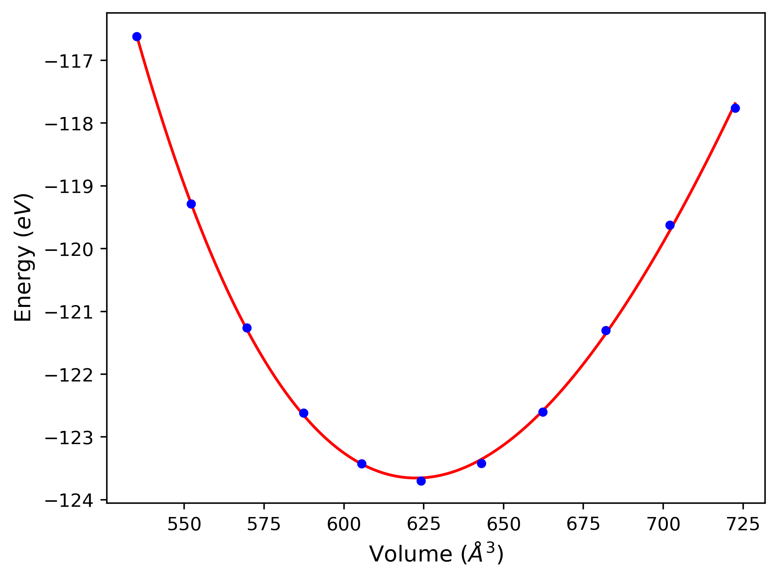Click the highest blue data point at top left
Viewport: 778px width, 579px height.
click(137, 37)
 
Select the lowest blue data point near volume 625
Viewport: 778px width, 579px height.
click(421, 481)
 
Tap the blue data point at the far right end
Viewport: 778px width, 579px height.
click(735, 108)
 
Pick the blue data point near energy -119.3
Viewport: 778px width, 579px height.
click(191, 204)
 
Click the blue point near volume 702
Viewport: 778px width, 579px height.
click(670, 225)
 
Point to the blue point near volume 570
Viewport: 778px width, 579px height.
click(247, 328)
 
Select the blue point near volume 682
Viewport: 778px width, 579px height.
click(606, 330)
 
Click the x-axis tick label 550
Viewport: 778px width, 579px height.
click(184, 525)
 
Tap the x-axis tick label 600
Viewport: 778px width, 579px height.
click(344, 525)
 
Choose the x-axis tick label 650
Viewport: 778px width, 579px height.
click(503, 525)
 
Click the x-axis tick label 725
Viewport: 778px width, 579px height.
click(743, 525)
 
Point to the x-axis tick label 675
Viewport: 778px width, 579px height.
click(583, 525)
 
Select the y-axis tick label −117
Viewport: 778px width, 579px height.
click(69, 61)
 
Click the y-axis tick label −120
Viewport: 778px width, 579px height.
click(69, 249)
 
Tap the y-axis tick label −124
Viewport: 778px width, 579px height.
click(69, 500)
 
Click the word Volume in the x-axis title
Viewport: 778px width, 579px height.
click(410, 555)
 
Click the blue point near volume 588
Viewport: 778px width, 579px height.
click(304, 413)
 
